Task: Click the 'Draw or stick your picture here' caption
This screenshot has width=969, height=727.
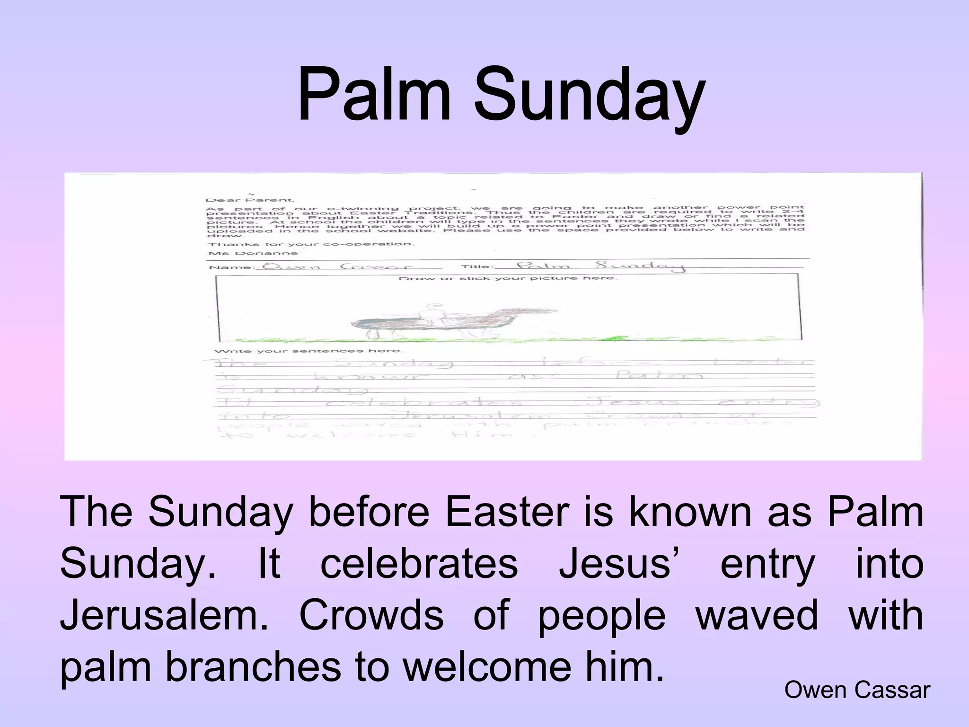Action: [x=508, y=278]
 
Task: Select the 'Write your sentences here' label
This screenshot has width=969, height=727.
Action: [x=308, y=351]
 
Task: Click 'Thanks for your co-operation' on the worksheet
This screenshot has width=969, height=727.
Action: [x=312, y=244]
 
